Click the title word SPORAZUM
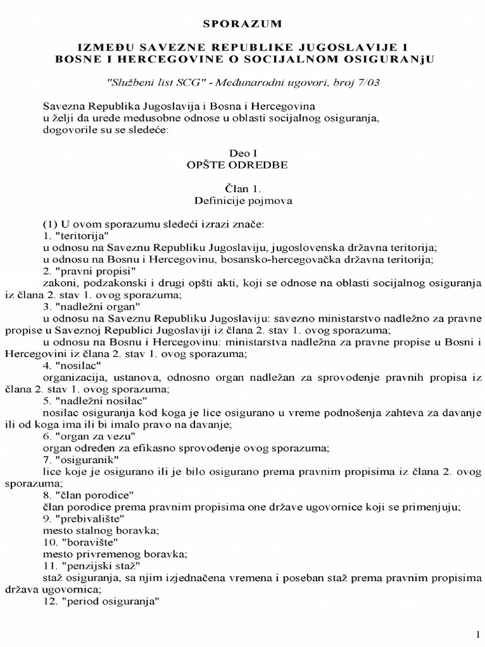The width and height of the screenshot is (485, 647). pyautogui.click(x=242, y=24)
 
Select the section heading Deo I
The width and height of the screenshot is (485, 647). pyautogui.click(x=242, y=153)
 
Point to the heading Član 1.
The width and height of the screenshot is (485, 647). pyautogui.click(x=242, y=188)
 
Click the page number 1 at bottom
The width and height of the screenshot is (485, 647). pyautogui.click(x=477, y=634)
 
